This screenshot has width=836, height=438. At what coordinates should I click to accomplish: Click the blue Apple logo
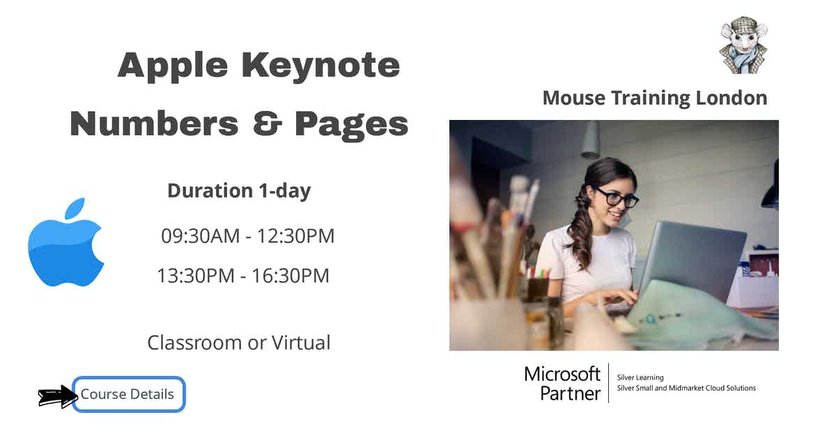coord(65,244)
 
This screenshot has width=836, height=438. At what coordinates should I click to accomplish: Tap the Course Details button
coord(129,394)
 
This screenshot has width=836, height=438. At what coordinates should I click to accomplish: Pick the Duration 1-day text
coord(239,190)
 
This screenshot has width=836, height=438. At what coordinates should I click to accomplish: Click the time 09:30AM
coord(200,236)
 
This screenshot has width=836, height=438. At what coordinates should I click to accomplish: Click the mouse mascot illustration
coord(743,46)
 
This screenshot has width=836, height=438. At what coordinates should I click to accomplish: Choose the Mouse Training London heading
coord(654,98)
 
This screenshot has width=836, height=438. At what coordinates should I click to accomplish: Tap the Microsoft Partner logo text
coord(562,383)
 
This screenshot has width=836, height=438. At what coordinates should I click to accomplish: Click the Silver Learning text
coord(640,377)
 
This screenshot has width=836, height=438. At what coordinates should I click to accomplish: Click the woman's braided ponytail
coord(580,230)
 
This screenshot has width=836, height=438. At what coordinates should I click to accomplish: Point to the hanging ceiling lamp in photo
coord(591,139)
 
